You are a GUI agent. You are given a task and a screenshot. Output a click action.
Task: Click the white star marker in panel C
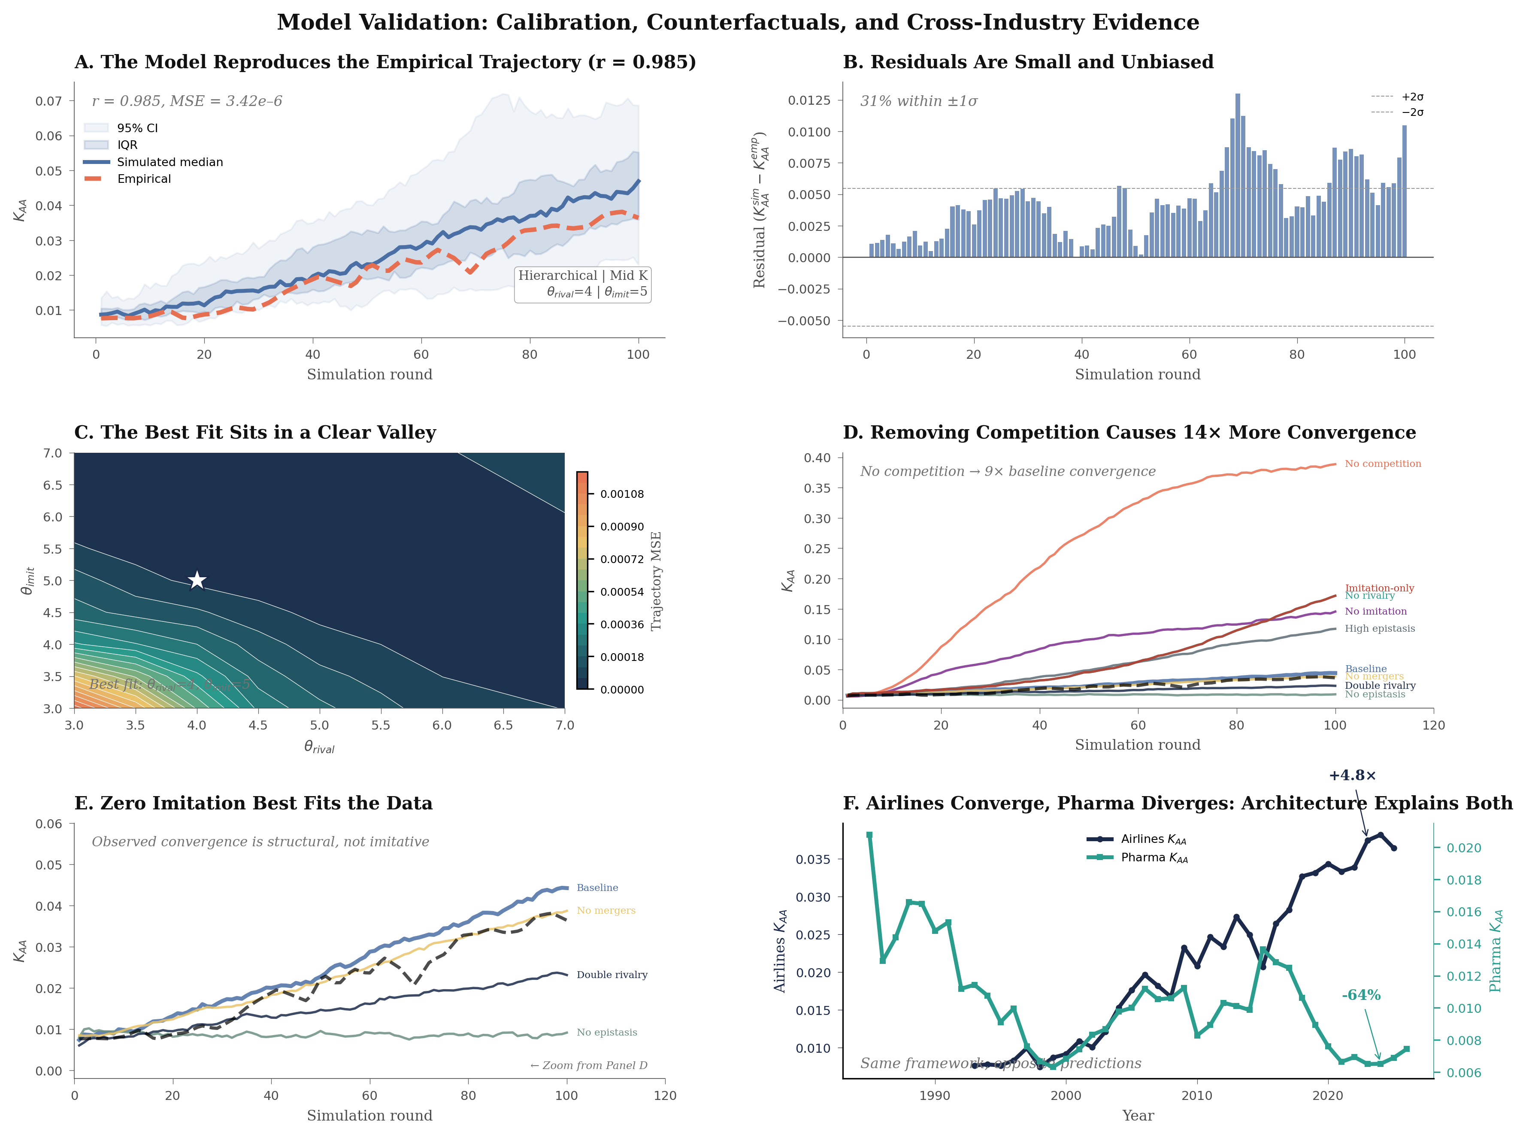197,580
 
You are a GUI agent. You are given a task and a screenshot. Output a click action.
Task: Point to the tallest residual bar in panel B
1237,176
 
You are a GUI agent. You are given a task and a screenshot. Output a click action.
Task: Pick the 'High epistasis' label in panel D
1380,629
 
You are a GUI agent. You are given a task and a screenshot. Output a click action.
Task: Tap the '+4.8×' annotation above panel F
1352,776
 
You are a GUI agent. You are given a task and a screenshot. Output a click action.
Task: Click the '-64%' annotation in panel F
1361,995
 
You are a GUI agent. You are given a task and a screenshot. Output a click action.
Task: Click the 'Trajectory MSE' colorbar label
656,580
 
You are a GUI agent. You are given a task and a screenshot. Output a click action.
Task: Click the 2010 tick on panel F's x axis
1196,1095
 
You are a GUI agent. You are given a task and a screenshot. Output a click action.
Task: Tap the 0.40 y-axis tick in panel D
817,458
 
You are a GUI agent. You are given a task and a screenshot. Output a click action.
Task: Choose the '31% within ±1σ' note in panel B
918,101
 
